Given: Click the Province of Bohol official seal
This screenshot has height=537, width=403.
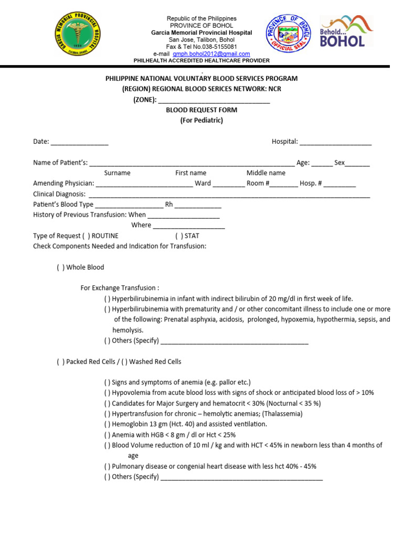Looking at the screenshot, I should [x=289, y=36].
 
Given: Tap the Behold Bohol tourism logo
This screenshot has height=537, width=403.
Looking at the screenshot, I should [x=346, y=32].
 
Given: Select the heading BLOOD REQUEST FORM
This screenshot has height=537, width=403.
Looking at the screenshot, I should [x=201, y=110].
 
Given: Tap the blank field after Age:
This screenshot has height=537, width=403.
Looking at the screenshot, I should [x=322, y=163].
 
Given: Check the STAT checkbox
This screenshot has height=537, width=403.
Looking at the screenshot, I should [x=179, y=236].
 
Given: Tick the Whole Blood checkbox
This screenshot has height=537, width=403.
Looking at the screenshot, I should [x=61, y=267].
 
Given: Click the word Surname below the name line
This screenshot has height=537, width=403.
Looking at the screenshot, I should [x=117, y=173].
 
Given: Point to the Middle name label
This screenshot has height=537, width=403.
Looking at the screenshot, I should [x=266, y=173].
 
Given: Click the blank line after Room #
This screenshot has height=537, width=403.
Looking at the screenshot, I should [x=284, y=184].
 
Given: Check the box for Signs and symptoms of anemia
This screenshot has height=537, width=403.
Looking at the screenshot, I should [x=107, y=382].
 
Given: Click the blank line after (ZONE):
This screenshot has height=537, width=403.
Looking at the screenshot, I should [x=214, y=100].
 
